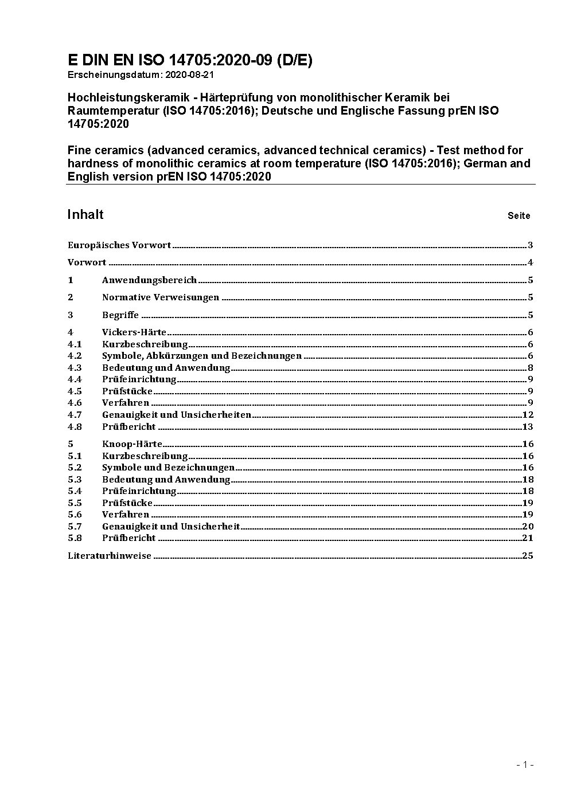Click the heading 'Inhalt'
[x=85, y=214]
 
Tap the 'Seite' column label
[x=519, y=216]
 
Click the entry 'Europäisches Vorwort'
[x=119, y=245]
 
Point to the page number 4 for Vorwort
[x=531, y=263]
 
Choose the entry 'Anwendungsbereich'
[x=149, y=280]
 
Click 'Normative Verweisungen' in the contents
[x=161, y=297]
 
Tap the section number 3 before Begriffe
[x=71, y=315]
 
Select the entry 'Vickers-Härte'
[x=134, y=332]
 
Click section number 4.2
[x=75, y=356]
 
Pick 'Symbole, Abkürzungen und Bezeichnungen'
[x=201, y=356]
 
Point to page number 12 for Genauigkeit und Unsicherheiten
[x=528, y=415]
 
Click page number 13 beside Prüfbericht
[x=528, y=427]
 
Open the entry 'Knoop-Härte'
[x=132, y=444]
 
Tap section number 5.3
[x=75, y=480]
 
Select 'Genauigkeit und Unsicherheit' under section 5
[x=171, y=527]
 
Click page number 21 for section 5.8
[x=528, y=538]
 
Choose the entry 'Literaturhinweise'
[x=110, y=556]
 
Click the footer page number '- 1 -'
[x=525, y=764]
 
